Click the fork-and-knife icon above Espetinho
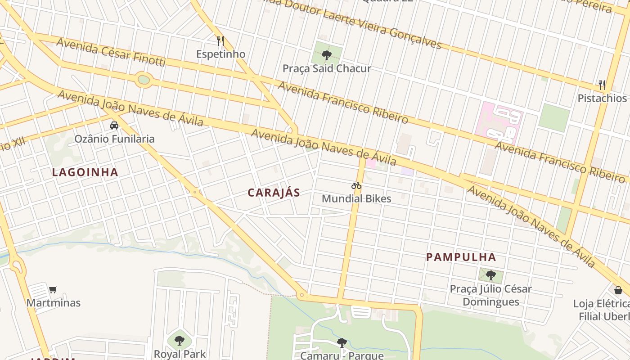220,41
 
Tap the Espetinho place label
220,54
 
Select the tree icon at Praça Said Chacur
327,55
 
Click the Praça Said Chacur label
327,69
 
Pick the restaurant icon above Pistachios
602,85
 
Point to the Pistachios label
602,98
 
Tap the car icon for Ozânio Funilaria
114,126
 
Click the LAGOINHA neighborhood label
85,172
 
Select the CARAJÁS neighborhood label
274,193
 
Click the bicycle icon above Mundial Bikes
356,185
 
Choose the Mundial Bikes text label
356,198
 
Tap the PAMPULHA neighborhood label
461,257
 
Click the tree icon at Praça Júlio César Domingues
490,275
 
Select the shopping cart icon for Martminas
53,289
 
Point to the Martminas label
53,303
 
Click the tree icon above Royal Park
180,340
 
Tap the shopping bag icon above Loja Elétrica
618,290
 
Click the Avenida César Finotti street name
111,52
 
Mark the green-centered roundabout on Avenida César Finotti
144,80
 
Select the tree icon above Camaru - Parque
342,342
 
